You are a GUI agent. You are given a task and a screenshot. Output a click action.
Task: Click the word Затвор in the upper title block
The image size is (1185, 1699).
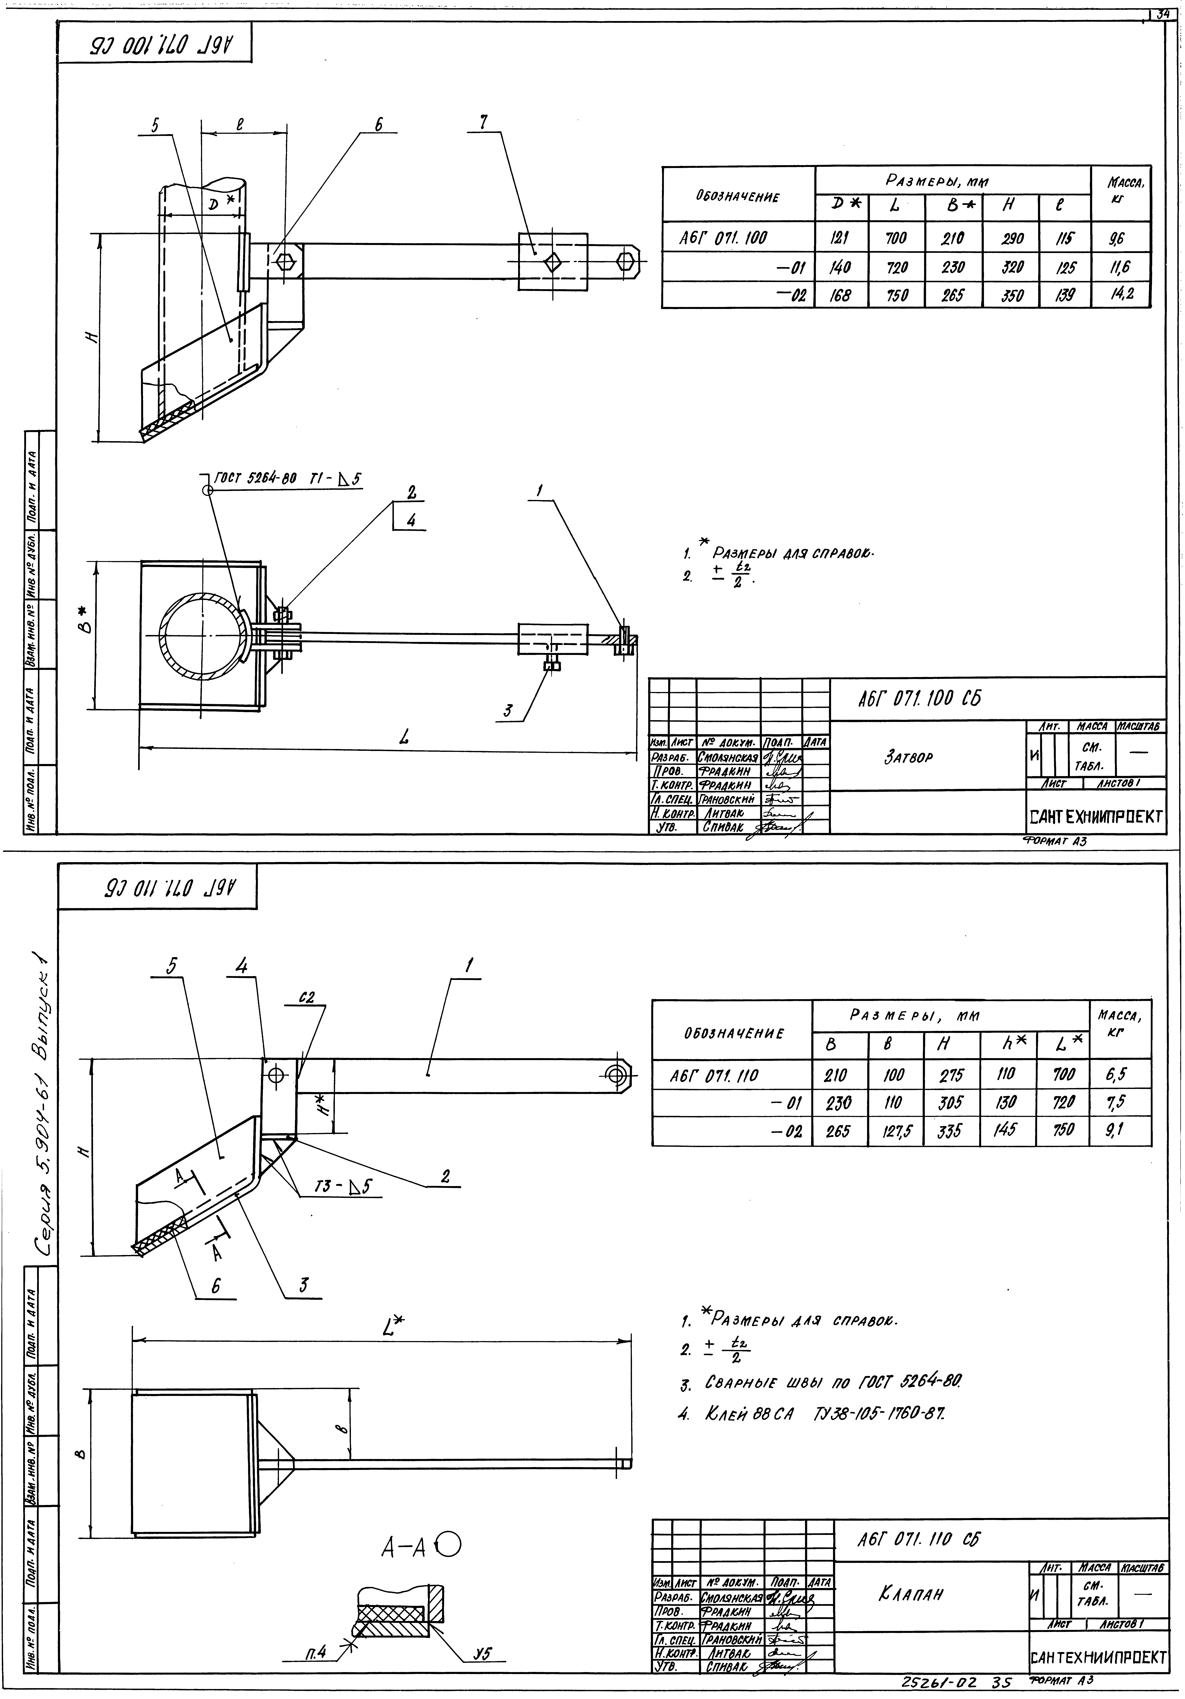[908, 758]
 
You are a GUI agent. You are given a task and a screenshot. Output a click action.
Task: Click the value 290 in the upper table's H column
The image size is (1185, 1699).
[1011, 238]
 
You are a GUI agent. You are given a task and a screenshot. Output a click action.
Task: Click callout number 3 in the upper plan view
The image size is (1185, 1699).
[508, 711]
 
